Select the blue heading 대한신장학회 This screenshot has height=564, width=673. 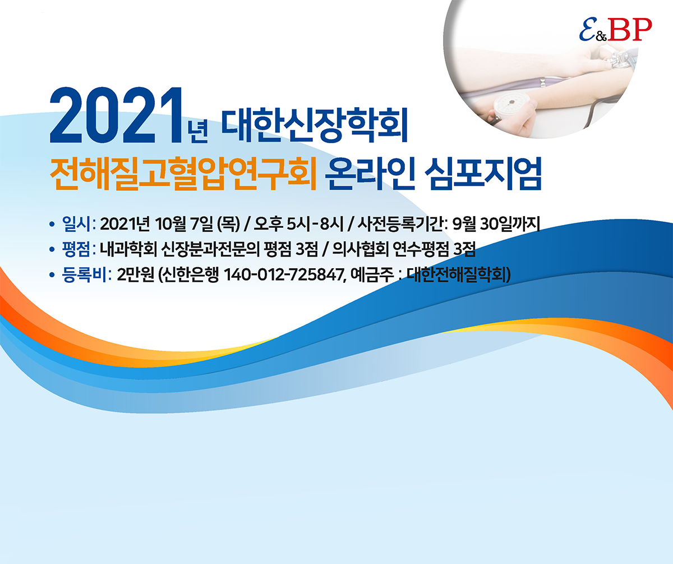click(315, 125)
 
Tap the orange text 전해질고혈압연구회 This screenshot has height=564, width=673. click(183, 173)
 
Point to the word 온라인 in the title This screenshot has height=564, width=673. click(370, 173)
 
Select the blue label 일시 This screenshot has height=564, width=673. click(77, 224)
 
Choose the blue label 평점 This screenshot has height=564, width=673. click(77, 249)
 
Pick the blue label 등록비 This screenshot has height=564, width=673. click(84, 275)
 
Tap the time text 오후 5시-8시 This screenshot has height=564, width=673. click(298, 224)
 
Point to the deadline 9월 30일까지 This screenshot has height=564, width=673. click(496, 224)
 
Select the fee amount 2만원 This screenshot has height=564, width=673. click(135, 275)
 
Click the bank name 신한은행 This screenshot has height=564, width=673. click(191, 275)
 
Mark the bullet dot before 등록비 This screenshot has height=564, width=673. click(52, 276)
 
